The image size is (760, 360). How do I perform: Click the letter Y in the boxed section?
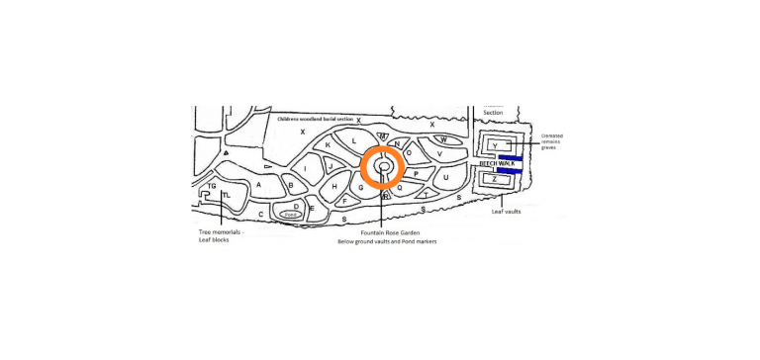495,146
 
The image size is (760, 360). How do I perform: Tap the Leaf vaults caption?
509,211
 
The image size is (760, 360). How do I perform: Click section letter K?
328,145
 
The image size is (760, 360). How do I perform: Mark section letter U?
446,178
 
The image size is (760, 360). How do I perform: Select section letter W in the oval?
444,139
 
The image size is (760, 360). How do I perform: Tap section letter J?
331,165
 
